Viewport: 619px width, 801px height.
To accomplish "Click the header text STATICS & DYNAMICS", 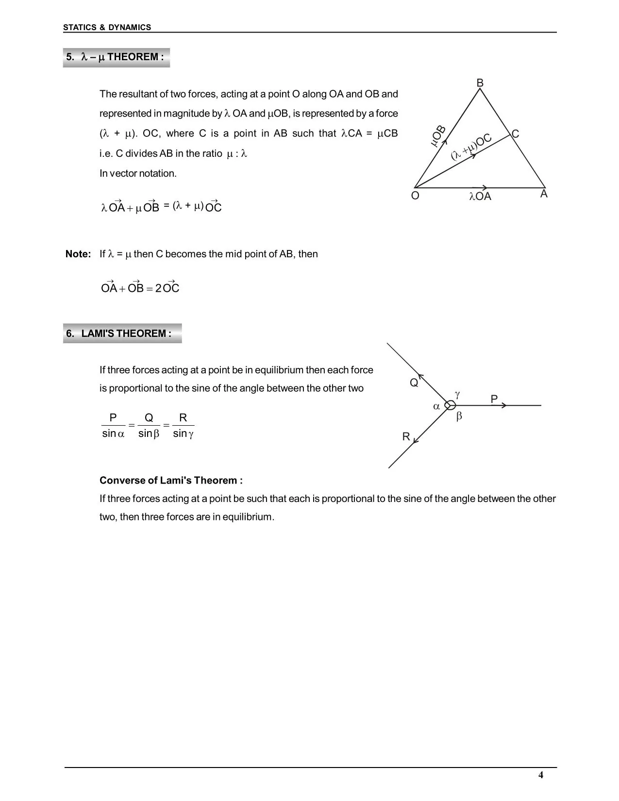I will (107, 28).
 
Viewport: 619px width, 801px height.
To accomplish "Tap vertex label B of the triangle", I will (480, 83).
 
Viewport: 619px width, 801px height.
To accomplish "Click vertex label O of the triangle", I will (415, 196).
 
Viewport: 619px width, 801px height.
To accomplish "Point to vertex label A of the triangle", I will (544, 194).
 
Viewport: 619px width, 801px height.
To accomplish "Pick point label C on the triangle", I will (516, 134).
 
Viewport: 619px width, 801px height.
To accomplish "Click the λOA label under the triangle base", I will (480, 197).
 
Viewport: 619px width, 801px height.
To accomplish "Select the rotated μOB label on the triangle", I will (438, 136).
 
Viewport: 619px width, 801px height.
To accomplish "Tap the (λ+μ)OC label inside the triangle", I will (471, 147).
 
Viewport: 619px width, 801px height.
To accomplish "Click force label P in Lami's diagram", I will (494, 400).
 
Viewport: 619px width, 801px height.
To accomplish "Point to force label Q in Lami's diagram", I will (414, 383).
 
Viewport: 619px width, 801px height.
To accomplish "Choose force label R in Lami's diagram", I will (406, 437).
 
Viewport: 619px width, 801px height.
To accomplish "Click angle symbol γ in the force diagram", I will (457, 394).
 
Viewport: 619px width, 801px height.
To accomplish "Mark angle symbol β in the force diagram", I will (459, 417).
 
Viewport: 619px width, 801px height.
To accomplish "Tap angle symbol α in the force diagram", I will (436, 406).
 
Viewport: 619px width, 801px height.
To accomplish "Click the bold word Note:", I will (78, 254).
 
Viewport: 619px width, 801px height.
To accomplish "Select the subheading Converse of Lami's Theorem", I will (171, 481).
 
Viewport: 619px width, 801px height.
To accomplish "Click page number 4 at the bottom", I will (541, 775).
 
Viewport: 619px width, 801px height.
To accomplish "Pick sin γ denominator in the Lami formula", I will (183, 434).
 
